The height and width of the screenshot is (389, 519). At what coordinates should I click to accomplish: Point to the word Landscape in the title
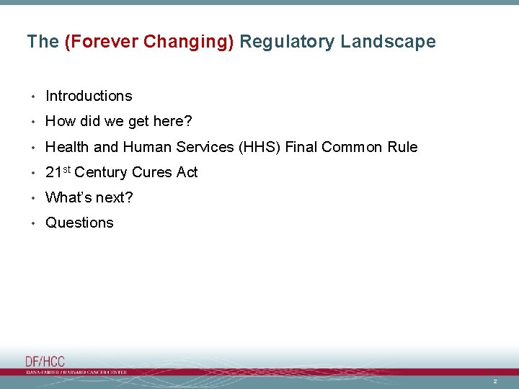388,42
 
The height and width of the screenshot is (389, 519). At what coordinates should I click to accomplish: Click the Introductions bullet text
89,96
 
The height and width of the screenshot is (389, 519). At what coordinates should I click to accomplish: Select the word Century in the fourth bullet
100,173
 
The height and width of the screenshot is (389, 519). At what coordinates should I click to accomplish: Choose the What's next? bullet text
89,197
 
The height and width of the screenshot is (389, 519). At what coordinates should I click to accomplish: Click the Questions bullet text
79,223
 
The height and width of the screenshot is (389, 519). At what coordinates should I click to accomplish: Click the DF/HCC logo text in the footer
45,362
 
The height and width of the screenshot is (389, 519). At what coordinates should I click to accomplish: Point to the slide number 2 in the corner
495,381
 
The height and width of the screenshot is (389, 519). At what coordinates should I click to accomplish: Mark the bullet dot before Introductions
33,97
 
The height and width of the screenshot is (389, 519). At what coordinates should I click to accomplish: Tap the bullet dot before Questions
33,223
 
